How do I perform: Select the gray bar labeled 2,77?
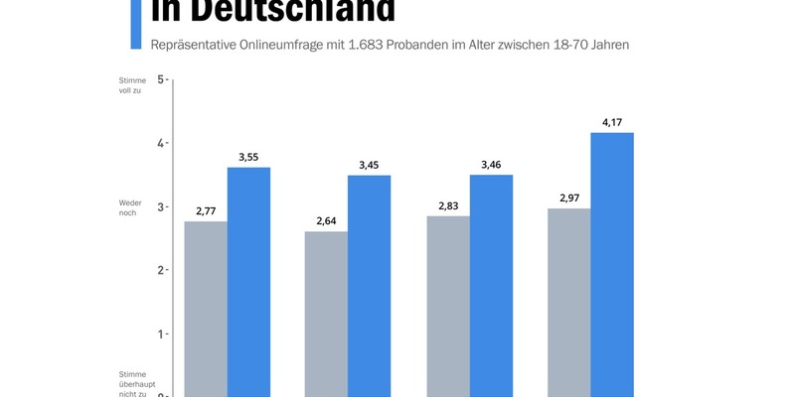(x=206, y=309)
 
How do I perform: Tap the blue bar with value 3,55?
(x=248, y=282)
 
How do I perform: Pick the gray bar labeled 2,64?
(x=326, y=314)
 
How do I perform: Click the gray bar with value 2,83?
(x=448, y=307)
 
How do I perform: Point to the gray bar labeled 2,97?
(x=569, y=303)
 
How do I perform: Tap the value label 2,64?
(x=326, y=221)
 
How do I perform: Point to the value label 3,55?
(x=248, y=157)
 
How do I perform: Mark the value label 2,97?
(x=569, y=198)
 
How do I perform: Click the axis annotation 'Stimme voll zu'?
(x=131, y=85)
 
